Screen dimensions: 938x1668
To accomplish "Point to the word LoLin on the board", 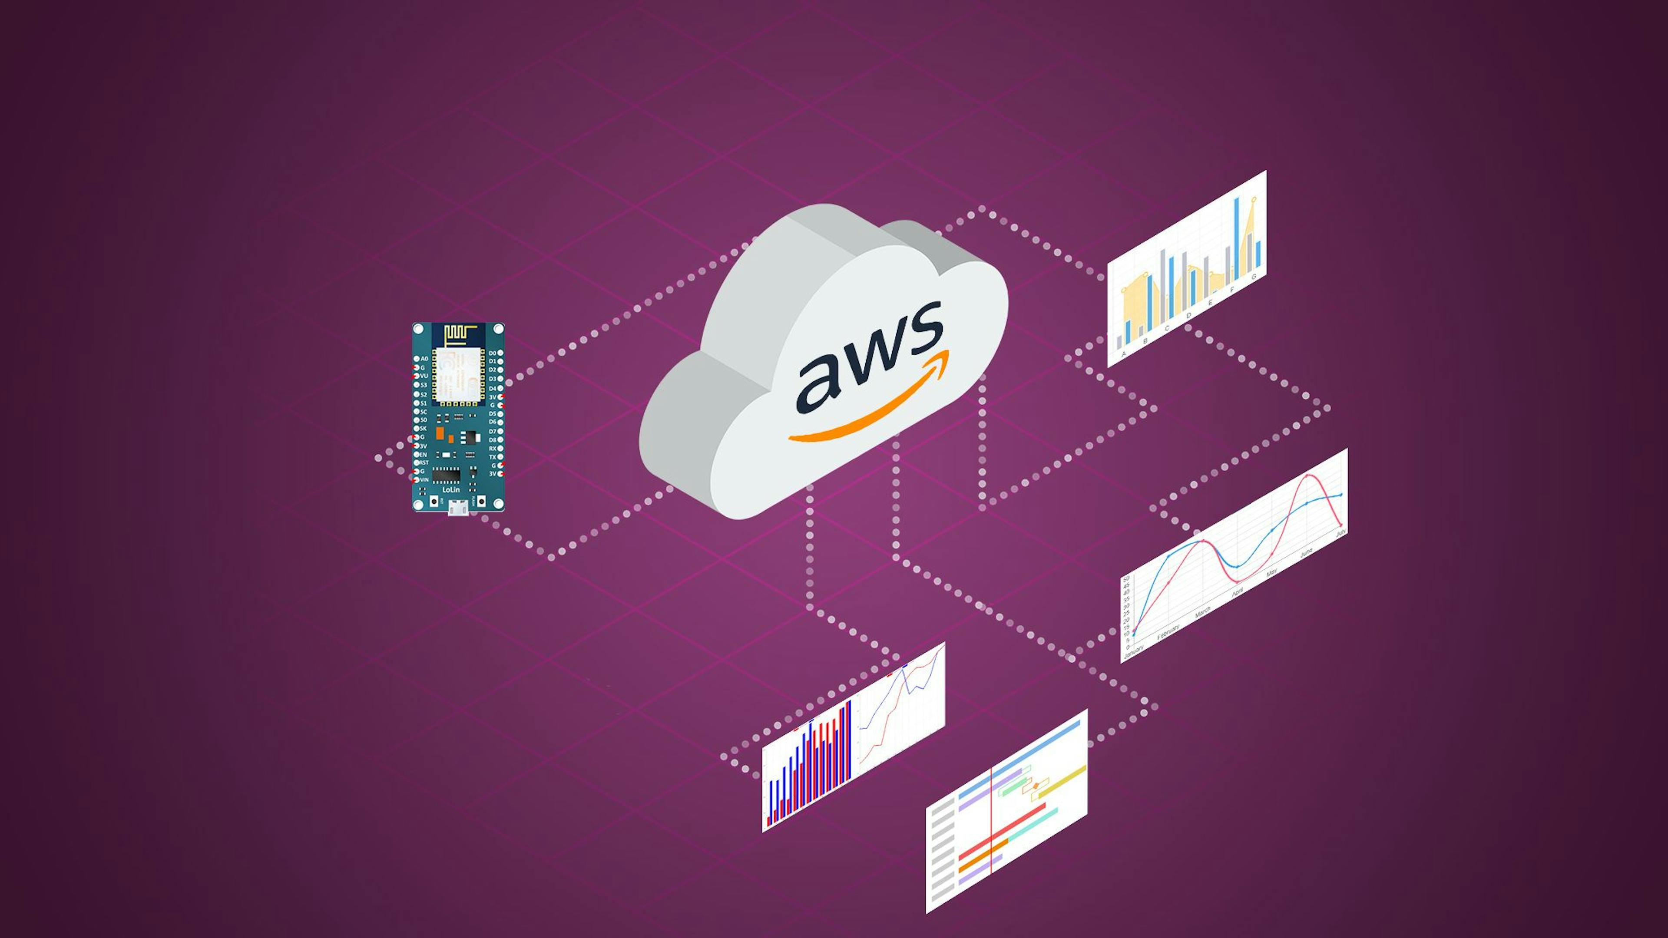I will coord(451,490).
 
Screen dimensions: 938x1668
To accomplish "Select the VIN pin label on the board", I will coord(424,480).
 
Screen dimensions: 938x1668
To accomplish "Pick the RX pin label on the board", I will coord(492,449).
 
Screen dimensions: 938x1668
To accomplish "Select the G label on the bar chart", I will coord(1254,277).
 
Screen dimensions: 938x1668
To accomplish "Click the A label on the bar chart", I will coord(1123,353).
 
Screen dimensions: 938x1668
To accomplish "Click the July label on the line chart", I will coord(1340,533).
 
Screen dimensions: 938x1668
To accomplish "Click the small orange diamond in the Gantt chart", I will coord(1036,785).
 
